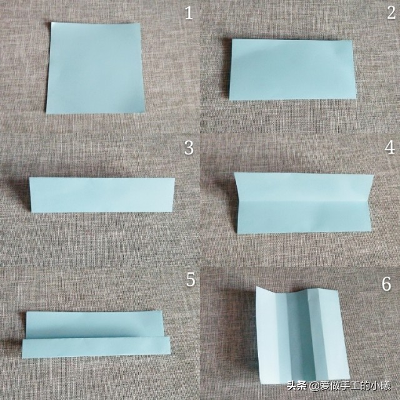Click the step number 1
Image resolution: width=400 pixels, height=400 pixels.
tap(189, 13)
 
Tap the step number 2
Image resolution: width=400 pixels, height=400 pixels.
tap(391, 12)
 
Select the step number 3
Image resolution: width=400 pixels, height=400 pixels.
tap(189, 147)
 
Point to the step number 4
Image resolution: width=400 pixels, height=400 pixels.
tap(390, 147)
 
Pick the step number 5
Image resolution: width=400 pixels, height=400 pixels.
tap(191, 279)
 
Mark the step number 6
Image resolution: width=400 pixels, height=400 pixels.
tap(386, 284)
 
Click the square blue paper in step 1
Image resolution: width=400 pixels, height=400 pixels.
tap(95, 68)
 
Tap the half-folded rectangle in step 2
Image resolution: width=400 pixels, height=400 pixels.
tap(292, 69)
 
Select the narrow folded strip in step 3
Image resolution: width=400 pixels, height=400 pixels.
tap(102, 195)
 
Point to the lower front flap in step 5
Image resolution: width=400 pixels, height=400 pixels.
tap(96, 347)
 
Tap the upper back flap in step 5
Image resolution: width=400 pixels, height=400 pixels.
tap(94, 325)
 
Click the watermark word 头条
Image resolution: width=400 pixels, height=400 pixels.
tap(296, 386)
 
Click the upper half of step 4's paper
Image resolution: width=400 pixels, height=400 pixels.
tap(304, 187)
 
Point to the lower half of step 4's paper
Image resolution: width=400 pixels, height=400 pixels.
tap(304, 217)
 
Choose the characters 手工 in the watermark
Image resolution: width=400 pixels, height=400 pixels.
tap(348, 386)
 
